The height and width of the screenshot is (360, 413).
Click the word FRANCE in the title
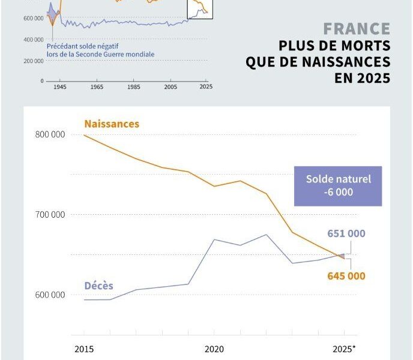357,29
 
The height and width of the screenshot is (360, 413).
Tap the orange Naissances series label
112,124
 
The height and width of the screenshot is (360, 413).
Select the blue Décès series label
98,286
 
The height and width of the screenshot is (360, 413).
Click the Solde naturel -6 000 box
339,186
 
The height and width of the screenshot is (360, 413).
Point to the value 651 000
346,234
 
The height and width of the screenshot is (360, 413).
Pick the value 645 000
346,276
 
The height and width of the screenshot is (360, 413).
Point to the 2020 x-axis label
214,348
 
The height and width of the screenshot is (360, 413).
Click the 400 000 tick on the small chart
34,40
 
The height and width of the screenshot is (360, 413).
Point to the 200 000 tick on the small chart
34,61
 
